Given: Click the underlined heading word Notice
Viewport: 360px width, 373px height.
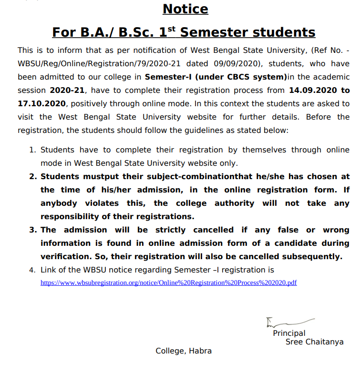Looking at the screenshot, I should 185,9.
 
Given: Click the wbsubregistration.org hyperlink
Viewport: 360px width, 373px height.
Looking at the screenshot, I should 168,282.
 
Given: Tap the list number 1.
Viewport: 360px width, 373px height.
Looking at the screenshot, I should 32,150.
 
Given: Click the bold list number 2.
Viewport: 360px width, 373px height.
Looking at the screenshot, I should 32,176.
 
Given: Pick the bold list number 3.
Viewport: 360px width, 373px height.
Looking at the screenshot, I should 32,230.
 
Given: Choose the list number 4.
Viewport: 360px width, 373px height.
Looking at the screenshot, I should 32,270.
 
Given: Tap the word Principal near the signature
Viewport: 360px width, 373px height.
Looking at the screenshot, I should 289,333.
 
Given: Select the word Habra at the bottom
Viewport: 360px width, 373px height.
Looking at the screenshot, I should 200,351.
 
